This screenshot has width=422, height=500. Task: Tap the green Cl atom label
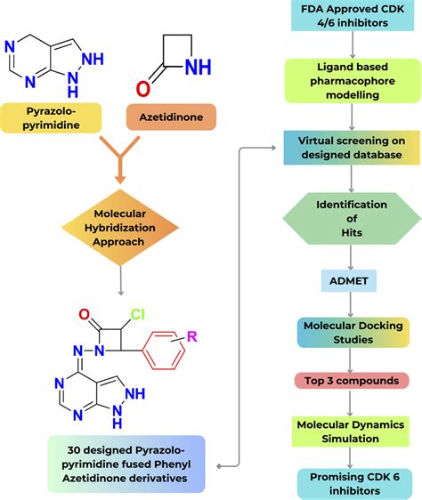(x=137, y=313)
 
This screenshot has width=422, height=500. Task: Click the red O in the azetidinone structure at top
(x=143, y=90)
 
